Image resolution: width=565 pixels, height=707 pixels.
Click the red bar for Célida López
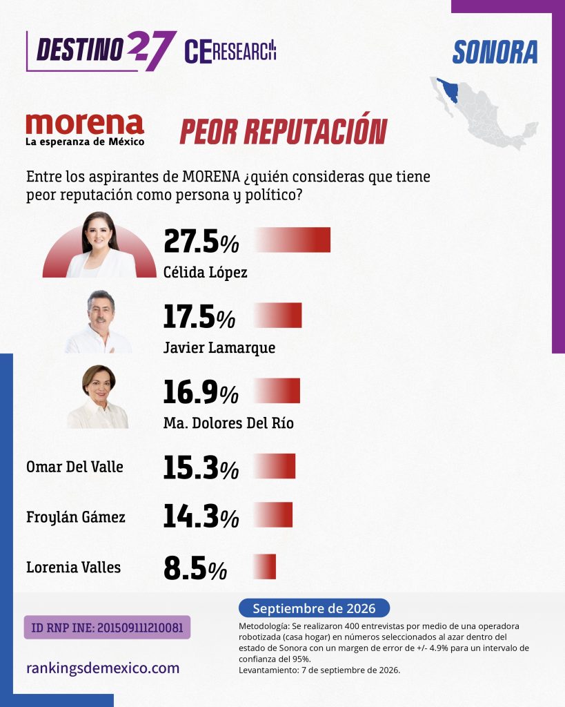tap(293, 240)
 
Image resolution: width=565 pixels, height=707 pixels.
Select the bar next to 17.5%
tap(278, 315)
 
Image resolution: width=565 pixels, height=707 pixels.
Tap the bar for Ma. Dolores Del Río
tap(277, 391)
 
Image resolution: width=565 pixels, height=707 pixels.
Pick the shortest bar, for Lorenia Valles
tap(264, 566)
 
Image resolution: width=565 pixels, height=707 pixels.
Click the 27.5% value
tap(201, 241)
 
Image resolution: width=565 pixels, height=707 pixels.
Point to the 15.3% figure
tap(201, 467)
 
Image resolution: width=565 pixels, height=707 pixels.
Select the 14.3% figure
tap(201, 516)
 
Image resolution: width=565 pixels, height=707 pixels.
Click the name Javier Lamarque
tap(219, 348)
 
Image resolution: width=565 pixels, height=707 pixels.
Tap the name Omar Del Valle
tap(75, 467)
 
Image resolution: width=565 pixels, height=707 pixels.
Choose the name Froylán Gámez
tap(76, 517)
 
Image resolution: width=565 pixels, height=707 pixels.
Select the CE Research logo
tap(230, 51)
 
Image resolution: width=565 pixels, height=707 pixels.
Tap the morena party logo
tap(85, 129)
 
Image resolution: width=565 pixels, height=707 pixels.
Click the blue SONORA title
tap(495, 52)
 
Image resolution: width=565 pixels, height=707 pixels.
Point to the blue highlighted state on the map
tap(448, 90)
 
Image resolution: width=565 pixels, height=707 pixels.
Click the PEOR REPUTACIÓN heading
tap(284, 130)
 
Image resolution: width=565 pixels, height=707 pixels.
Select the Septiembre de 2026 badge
tap(314, 608)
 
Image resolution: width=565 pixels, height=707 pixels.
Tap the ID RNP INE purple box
tap(107, 627)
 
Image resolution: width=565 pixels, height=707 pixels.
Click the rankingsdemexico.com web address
tap(103, 668)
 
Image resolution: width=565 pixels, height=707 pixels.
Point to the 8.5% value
tap(195, 568)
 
